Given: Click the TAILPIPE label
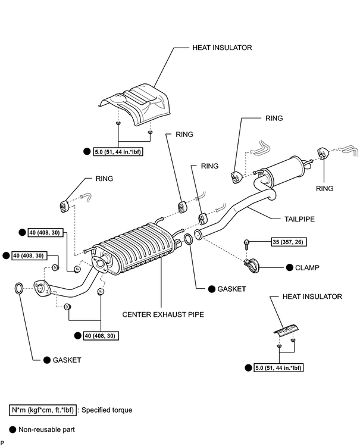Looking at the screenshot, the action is click(299, 219).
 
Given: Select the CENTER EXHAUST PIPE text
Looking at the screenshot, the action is click(163, 314).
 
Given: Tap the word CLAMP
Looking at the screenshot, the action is click(307, 267).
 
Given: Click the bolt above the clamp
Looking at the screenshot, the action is click(246, 244).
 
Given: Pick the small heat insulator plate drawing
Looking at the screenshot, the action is click(286, 330).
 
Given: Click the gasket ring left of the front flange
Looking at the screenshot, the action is click(19, 288).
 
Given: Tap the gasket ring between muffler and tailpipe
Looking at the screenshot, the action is click(188, 239).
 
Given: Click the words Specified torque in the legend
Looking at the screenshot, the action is click(107, 410).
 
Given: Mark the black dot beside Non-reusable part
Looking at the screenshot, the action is click(12, 429).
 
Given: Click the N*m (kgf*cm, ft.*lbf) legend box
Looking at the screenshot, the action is click(43, 410).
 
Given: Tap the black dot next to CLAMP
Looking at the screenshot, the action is click(290, 267).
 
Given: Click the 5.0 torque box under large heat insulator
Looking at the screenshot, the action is click(118, 152).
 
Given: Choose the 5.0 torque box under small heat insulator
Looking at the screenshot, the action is click(278, 368).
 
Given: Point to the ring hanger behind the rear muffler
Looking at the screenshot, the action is click(323, 153).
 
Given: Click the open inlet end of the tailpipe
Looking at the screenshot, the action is click(198, 235).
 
